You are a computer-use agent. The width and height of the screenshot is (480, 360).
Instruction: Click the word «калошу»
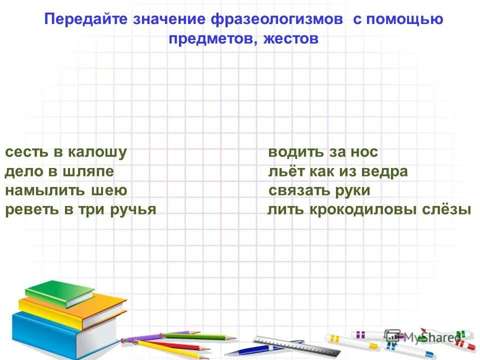click(x=97, y=152)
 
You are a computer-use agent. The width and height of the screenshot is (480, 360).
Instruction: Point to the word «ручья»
click(x=134, y=209)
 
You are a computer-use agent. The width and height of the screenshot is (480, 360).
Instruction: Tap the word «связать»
click(x=299, y=190)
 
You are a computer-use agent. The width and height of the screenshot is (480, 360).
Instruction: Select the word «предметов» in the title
click(x=210, y=38)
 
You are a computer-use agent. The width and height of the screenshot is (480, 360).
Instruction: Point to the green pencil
click(x=200, y=336)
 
